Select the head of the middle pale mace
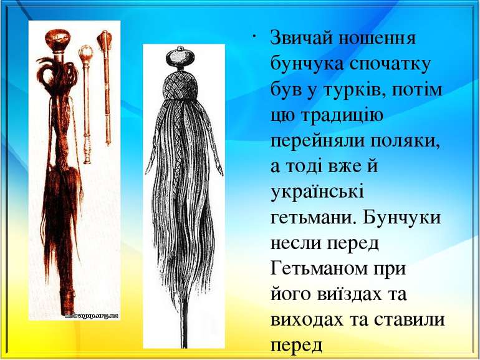85,52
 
